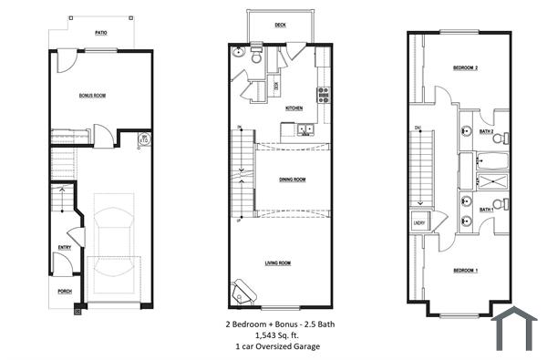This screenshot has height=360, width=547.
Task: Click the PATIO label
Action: pyautogui.click(x=101, y=32)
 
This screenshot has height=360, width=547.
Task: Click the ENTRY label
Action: pyautogui.click(x=65, y=247)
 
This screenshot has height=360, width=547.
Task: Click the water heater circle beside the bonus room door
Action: pyautogui.click(x=144, y=139)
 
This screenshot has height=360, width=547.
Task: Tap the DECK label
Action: pyautogui.click(x=280, y=26)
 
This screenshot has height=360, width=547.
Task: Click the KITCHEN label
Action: pyautogui.click(x=294, y=108)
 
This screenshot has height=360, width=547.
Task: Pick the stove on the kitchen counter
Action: pyautogui.click(x=323, y=92)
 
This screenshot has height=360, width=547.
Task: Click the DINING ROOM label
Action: pyautogui.click(x=292, y=180)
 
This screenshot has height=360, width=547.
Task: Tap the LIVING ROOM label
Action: pyautogui.click(x=278, y=262)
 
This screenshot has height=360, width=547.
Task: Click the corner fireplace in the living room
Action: pyautogui.click(x=243, y=290)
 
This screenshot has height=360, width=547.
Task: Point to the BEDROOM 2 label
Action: pyautogui.click(x=465, y=68)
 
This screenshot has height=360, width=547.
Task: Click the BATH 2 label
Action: pyautogui.click(x=487, y=132)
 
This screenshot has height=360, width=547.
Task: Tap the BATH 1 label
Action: pyautogui.click(x=487, y=209)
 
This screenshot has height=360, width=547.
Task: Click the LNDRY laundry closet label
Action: pyautogui.click(x=419, y=222)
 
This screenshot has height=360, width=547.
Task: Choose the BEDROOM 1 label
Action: pyautogui.click(x=465, y=271)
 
